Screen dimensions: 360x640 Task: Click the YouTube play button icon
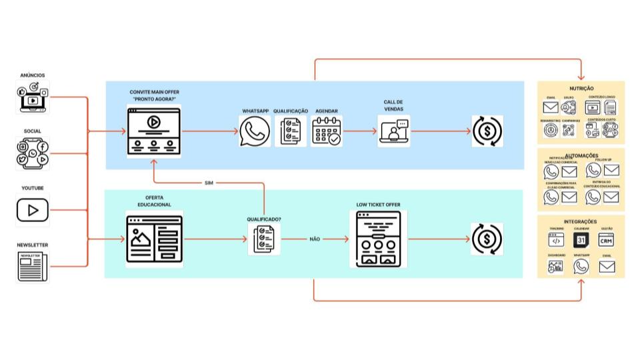point(33,211)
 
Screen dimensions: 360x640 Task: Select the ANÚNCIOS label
point(33,76)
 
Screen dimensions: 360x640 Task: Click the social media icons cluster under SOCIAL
point(33,153)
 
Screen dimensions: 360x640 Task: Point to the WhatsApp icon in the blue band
point(255,131)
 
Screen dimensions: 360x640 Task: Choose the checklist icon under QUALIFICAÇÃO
point(290,131)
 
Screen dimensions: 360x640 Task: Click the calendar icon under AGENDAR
point(327,131)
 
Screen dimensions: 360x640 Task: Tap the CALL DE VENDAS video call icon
point(394,131)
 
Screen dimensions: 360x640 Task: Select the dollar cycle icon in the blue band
point(487,131)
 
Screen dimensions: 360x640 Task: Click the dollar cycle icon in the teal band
point(487,239)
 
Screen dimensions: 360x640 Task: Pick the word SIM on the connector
point(209,183)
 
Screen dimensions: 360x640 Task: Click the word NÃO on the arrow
point(314,239)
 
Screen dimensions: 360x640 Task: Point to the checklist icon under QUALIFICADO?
point(263,239)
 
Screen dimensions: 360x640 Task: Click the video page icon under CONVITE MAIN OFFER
point(153,131)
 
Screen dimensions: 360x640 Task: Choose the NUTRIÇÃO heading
point(581,88)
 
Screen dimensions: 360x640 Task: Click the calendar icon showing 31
point(581,240)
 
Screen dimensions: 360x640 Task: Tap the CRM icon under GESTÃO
point(606,240)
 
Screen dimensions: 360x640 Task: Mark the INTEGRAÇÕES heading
point(581,221)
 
